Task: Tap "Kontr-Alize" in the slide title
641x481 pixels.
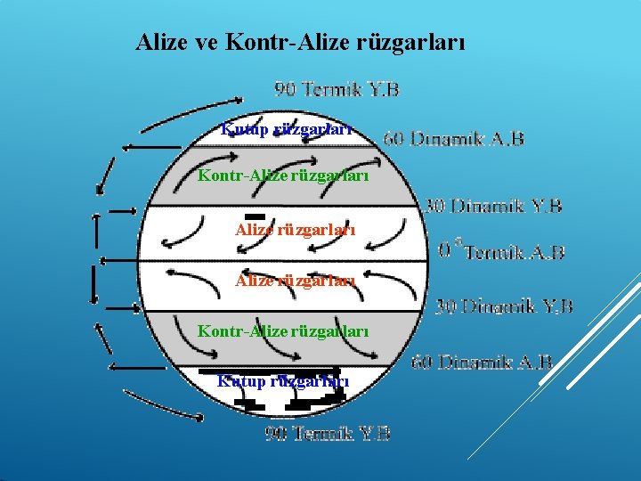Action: pos(280,42)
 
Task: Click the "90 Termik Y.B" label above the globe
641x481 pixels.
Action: pos(337,89)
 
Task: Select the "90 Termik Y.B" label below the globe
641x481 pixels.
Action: pos(328,434)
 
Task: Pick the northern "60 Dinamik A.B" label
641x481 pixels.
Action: pos(453,139)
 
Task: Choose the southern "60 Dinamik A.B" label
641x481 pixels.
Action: pos(482,363)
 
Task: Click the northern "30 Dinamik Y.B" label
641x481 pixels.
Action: pos(493,206)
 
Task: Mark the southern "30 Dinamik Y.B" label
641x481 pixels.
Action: pos(504,307)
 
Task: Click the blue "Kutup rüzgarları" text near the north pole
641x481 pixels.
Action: pos(286,129)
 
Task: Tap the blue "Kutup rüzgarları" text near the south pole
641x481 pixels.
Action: pos(283,381)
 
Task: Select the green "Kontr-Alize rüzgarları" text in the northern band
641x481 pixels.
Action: pos(283,175)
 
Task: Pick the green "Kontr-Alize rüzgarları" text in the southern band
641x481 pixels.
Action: pos(283,330)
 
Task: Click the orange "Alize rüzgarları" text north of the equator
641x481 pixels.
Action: pos(296,230)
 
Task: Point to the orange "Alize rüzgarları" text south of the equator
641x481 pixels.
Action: pos(296,281)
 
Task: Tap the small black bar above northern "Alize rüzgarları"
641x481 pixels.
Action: pos(256,216)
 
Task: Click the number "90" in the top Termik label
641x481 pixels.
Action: pos(285,89)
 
